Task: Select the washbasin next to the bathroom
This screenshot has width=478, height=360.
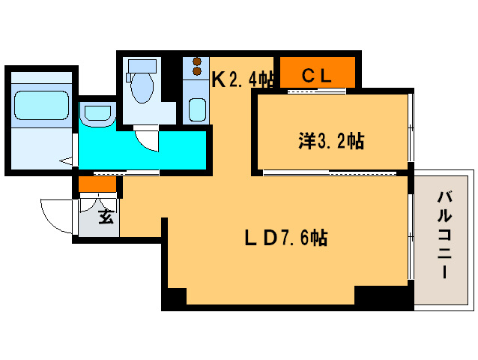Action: [97, 115]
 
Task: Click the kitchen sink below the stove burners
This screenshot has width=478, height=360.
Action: [197, 109]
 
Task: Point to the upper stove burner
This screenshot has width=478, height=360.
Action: [197, 61]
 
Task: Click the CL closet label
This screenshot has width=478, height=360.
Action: [317, 76]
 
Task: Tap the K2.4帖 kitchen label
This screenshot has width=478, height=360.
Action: [241, 78]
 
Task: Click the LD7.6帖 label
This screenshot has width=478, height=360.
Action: [285, 238]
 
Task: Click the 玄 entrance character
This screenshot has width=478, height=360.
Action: [106, 218]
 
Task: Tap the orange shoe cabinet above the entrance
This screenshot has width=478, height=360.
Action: [97, 184]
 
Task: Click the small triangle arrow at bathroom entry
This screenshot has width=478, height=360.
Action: [67, 160]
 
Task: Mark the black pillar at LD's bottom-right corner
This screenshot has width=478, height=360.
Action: [382, 297]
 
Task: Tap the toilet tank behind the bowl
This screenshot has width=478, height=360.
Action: [140, 67]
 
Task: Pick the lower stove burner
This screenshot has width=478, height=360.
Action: [197, 71]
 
